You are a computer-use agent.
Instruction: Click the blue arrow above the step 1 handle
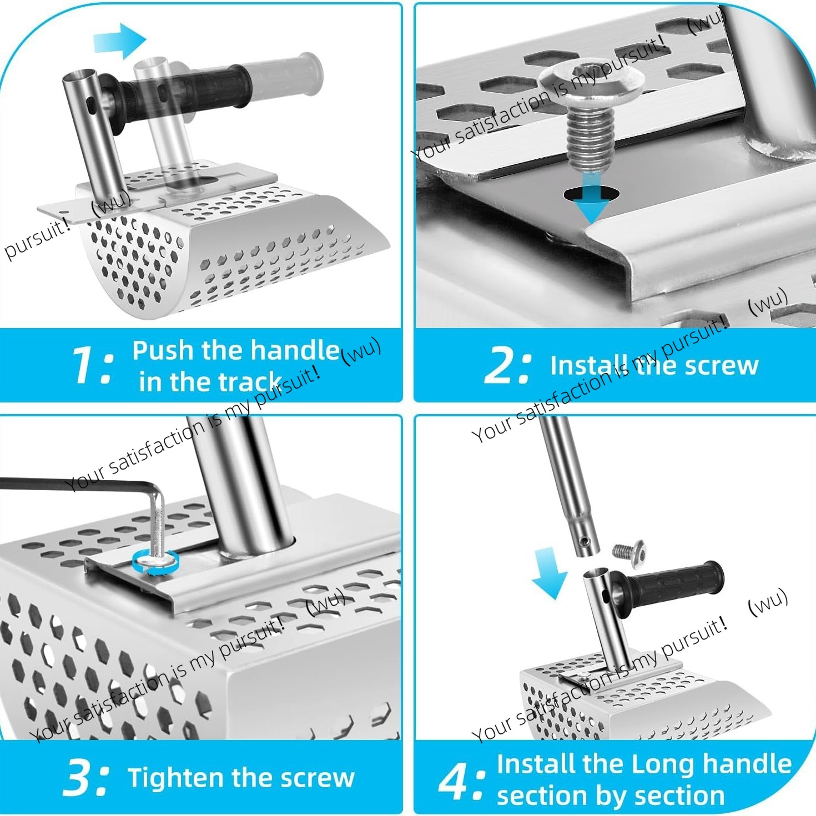[x=120, y=41]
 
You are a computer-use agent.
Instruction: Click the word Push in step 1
[x=163, y=351]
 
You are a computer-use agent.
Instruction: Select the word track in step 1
[x=240, y=382]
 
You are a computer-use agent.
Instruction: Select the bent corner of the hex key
[x=156, y=492]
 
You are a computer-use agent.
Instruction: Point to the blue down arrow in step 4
[x=550, y=573]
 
